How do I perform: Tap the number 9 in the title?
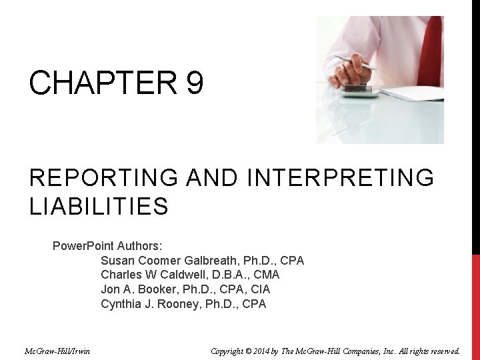coord(195,84)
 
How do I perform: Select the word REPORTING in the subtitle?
coord(103,178)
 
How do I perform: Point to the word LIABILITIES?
coord(99,207)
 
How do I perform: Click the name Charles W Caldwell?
coord(155,275)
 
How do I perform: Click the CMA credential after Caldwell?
coord(267,275)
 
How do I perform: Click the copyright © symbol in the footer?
coord(261,351)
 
